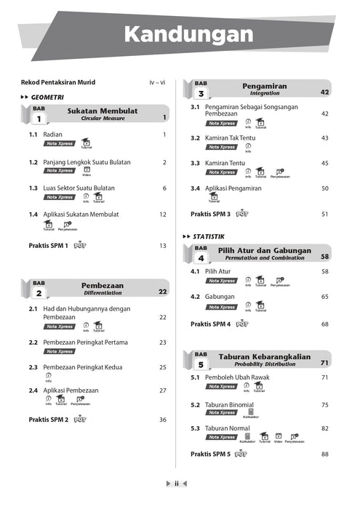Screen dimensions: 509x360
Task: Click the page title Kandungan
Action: tap(188, 34)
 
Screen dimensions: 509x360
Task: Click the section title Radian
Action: tap(52, 135)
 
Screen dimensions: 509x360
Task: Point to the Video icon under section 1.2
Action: tap(86, 170)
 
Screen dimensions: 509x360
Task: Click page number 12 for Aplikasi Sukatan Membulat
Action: tap(163, 215)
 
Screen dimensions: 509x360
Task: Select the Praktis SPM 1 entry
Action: tap(48, 246)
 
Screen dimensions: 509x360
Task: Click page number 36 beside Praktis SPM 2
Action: tap(163, 420)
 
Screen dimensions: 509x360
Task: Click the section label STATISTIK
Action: tap(209, 236)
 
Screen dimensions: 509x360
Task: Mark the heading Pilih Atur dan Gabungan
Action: tap(264, 251)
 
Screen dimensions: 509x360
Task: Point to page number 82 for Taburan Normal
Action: tap(325, 428)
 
